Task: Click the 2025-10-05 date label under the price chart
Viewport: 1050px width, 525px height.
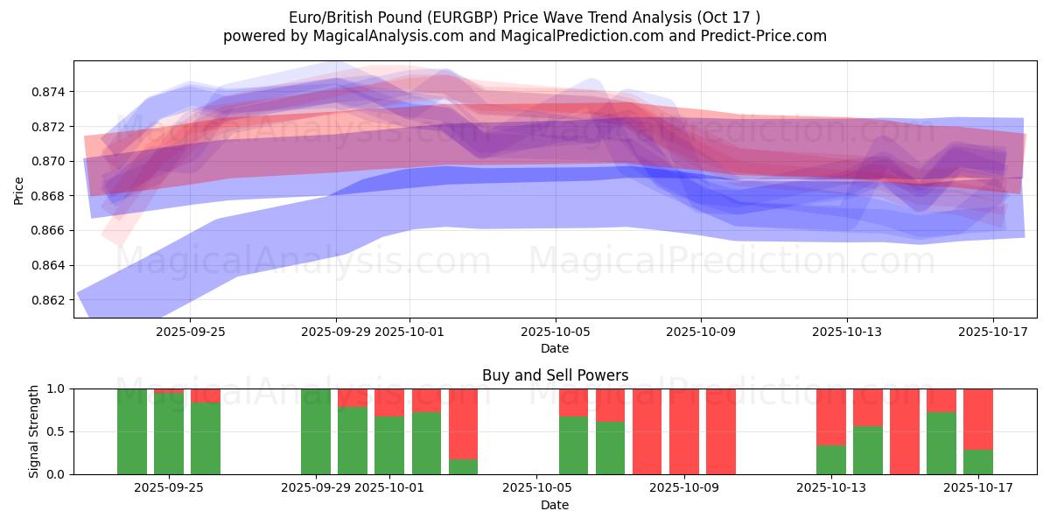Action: (x=555, y=332)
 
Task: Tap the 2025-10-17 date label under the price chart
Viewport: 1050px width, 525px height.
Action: (x=993, y=332)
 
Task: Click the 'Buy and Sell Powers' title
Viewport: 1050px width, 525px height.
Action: (x=555, y=375)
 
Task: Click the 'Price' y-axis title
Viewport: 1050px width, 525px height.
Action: (x=19, y=189)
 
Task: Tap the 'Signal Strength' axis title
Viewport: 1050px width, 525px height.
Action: (x=34, y=431)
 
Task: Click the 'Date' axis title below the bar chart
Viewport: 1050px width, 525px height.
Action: (x=555, y=505)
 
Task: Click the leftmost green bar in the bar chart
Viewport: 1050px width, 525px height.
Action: (x=132, y=431)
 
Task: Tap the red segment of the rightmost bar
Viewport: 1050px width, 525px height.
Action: (x=978, y=418)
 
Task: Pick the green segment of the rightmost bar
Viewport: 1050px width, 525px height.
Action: (x=978, y=462)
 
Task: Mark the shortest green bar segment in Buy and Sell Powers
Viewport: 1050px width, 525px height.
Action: (x=463, y=466)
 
